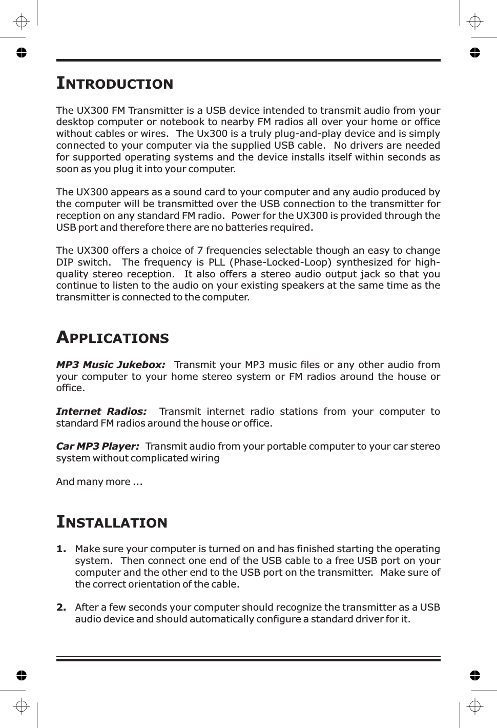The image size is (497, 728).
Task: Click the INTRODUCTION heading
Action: click(115, 83)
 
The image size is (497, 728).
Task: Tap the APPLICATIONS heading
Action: click(112, 337)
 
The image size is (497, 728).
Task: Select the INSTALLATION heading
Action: click(112, 522)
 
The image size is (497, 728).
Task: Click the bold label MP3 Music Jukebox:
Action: click(111, 365)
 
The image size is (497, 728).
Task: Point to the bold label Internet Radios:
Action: click(101, 411)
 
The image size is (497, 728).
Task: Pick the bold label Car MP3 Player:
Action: click(97, 446)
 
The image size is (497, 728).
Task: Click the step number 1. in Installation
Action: click(61, 549)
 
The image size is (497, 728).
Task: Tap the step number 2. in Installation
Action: click(61, 608)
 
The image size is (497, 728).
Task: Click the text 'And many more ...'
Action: click(99, 481)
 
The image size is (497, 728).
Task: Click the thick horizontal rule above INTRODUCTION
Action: click(248, 60)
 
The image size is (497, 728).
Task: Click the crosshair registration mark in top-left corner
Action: click(21, 22)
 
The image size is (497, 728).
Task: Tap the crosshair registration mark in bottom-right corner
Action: click(475, 706)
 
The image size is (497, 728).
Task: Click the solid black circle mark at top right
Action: click(475, 52)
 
